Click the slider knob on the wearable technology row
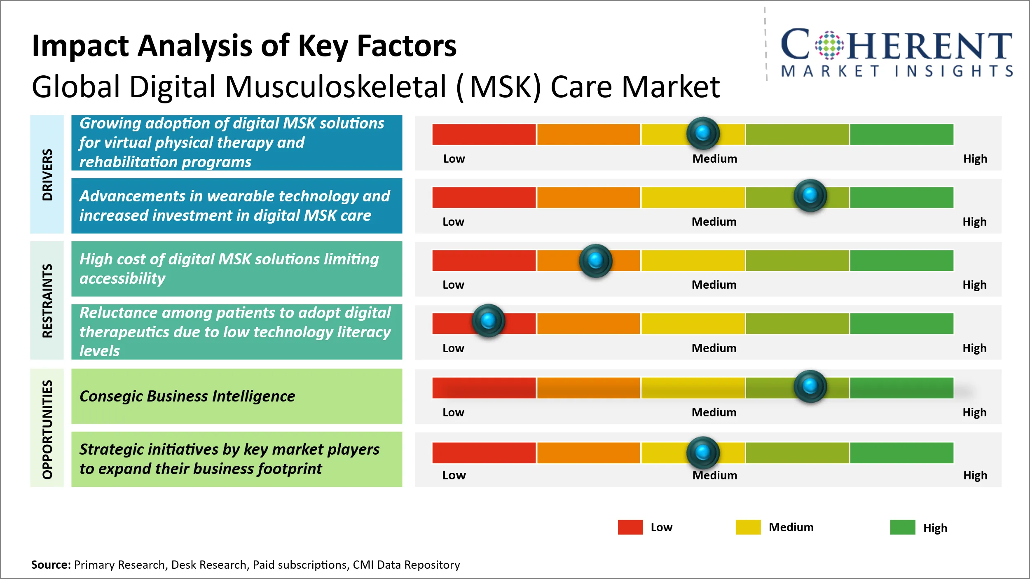(810, 195)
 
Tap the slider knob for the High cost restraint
(595, 260)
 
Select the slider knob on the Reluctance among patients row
(488, 320)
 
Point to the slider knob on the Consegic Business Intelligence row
(810, 386)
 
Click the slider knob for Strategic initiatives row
(703, 452)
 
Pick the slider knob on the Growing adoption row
(703, 133)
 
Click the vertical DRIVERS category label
(47, 175)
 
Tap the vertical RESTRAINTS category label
(47, 301)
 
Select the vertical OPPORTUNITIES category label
(47, 429)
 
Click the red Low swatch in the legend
(630, 527)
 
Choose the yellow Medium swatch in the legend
(748, 527)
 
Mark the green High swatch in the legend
(902, 527)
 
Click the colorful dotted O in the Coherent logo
(829, 45)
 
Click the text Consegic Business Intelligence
(187, 396)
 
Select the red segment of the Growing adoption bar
(484, 134)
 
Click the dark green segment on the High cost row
(901, 260)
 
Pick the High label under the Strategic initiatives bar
(975, 475)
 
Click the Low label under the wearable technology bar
(453, 222)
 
